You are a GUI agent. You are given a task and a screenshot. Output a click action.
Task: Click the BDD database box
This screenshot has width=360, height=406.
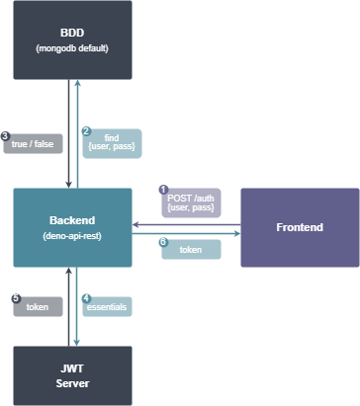click(x=72, y=40)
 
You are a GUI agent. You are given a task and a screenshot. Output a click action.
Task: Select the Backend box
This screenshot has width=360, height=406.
click(x=72, y=227)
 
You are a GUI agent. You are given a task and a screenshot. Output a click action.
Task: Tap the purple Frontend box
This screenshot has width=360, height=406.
click(x=300, y=227)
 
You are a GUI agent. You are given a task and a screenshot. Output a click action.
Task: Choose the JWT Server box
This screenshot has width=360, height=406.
click(x=72, y=375)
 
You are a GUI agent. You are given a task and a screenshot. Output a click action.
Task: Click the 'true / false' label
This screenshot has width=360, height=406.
click(x=35, y=143)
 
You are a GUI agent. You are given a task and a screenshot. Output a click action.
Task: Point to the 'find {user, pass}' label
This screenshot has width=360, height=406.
click(x=113, y=143)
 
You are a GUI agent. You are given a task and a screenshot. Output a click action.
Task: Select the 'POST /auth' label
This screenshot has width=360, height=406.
click(x=192, y=203)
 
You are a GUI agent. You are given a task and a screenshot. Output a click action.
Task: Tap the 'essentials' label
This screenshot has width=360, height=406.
click(x=107, y=306)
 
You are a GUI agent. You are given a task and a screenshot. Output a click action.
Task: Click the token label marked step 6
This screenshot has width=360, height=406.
click(x=191, y=251)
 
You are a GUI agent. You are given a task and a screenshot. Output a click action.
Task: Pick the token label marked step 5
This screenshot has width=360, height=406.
click(x=38, y=306)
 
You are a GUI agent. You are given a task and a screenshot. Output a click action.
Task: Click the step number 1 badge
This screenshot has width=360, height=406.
click(x=163, y=190)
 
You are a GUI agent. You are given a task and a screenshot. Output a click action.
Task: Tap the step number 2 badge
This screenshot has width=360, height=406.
click(x=86, y=130)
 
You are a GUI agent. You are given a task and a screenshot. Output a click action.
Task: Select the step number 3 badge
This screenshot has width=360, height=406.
click(x=6, y=135)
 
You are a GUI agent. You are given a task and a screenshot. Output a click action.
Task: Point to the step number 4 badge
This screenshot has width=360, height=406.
click(x=86, y=297)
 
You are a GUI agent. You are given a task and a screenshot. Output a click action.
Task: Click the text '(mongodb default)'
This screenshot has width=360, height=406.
click(x=72, y=47)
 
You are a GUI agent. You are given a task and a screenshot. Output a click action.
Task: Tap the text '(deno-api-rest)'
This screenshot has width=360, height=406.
click(x=72, y=236)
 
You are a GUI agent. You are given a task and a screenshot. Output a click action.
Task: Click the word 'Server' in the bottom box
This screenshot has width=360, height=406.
click(x=72, y=382)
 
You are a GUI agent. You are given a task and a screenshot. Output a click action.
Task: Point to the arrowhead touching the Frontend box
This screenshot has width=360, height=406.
click(x=237, y=234)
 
